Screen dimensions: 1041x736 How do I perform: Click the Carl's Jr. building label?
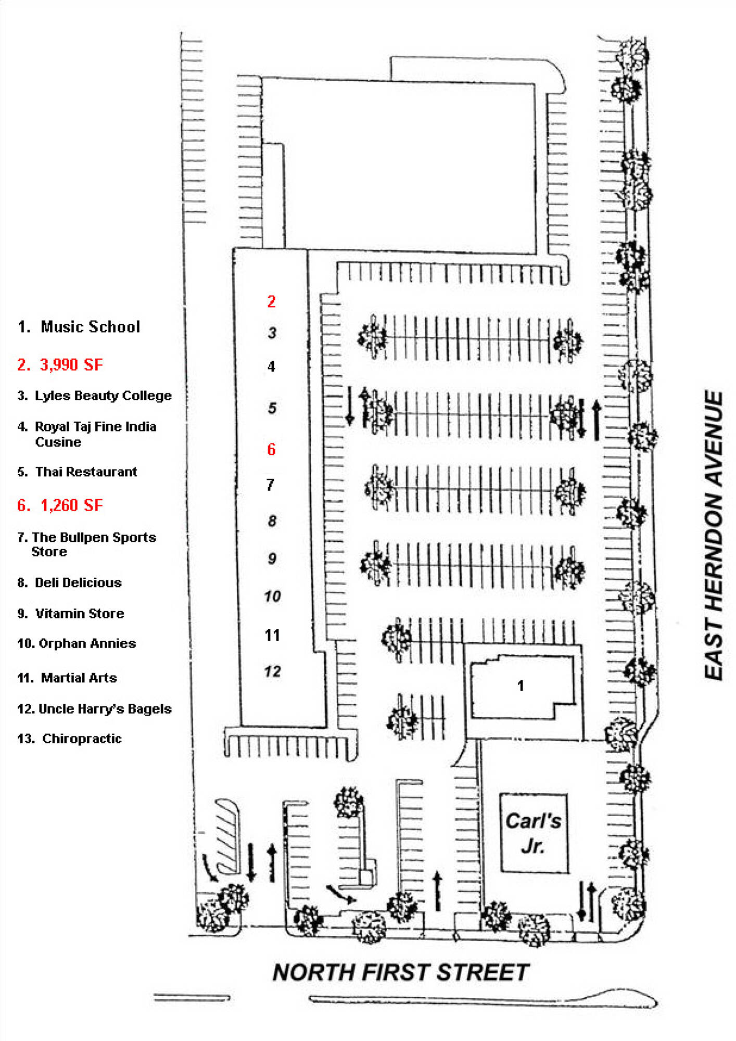533,833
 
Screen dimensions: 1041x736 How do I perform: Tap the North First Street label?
400,972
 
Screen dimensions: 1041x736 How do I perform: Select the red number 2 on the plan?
271,301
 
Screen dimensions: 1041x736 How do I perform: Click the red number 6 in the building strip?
271,449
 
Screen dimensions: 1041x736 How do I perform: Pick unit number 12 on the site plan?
272,671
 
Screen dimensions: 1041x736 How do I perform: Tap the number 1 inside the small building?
521,685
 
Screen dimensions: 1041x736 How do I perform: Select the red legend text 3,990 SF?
71,364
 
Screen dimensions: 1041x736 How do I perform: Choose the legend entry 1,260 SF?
71,505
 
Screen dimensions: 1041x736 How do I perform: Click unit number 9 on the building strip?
272,558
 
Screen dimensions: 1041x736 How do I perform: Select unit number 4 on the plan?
271,366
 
